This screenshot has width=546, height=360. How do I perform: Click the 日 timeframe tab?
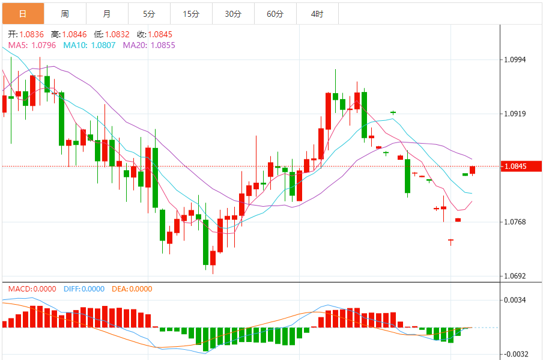22,13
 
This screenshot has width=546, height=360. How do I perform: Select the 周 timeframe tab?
65,13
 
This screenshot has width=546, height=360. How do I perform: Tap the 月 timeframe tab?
107,13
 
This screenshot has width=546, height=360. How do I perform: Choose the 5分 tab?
149,13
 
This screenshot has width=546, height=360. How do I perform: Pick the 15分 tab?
191,13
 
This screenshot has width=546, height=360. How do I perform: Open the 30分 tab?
233,13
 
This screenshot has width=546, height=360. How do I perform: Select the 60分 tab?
275,13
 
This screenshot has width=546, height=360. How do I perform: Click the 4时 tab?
317,13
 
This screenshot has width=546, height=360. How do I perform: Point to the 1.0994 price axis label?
515,59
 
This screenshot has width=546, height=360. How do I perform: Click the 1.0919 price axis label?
515,114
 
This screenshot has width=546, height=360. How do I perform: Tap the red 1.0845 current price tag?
517,166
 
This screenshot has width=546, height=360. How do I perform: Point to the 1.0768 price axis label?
515,222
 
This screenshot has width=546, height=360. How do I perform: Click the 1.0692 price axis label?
515,276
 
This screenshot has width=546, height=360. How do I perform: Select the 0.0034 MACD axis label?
515,300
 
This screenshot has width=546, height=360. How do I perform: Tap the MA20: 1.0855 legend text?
149,44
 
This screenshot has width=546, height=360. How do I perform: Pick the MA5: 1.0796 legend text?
32,44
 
